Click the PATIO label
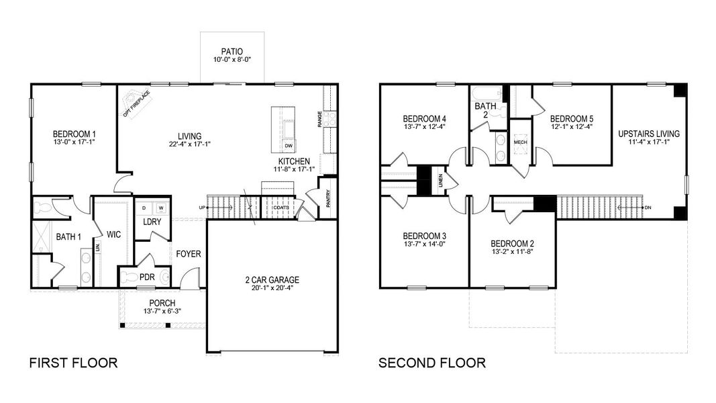232,51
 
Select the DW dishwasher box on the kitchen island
289,146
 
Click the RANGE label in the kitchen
320,121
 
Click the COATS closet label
281,208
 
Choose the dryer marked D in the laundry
144,208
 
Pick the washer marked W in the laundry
160,208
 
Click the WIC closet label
113,234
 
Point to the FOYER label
189,254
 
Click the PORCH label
162,303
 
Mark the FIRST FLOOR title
74,363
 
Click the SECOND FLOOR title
432,363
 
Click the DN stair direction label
648,208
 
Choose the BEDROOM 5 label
572,119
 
